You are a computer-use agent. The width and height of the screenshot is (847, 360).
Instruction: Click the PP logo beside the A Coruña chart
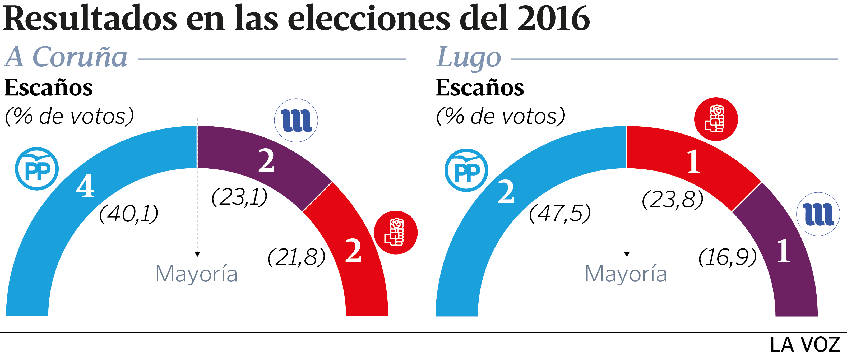tap(37, 169)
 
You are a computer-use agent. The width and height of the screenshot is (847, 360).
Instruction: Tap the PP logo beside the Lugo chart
tap(466, 170)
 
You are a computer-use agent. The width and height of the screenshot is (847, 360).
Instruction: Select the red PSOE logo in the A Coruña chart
tap(396, 232)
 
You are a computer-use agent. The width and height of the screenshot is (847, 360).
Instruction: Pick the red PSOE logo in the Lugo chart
tap(716, 119)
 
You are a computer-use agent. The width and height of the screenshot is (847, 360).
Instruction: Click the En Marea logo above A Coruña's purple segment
tap(296, 120)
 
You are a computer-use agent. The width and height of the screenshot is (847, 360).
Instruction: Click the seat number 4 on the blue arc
tap(85, 186)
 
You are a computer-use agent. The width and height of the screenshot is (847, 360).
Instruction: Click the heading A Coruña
tap(66, 57)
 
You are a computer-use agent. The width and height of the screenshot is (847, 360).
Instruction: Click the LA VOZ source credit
tap(805, 345)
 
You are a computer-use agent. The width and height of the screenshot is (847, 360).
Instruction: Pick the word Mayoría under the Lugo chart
tap(626, 274)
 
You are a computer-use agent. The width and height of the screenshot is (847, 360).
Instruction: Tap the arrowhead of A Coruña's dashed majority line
tap(197, 254)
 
